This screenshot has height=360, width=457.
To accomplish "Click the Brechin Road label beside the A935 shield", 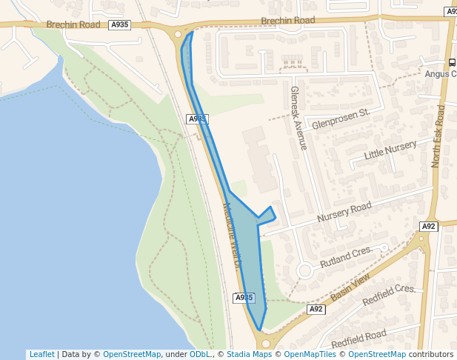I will point(73,24).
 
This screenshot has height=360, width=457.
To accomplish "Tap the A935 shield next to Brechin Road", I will point(119,24).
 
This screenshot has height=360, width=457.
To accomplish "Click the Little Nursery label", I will point(390,150).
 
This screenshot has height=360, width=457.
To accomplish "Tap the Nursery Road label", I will point(344,213).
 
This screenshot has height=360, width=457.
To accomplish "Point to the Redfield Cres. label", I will point(390,295).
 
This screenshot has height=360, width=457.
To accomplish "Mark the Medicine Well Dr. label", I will point(233,236).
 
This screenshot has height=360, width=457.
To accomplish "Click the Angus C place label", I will point(440,73).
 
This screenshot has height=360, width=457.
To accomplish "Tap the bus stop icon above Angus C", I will point(452,62).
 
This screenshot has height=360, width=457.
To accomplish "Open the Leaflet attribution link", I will point(41,354).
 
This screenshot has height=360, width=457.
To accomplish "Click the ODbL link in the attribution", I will point(199,354).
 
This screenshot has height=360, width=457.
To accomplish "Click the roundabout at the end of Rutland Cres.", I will point(304,270).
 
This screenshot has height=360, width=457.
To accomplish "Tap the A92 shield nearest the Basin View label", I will point(316,309).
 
